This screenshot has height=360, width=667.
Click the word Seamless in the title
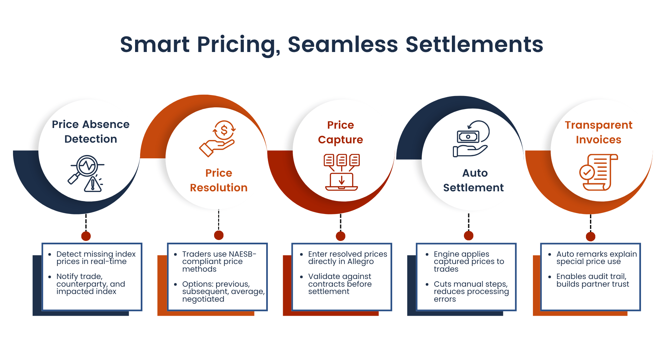pyautogui.click(x=343, y=44)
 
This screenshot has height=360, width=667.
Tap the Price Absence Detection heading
pyautogui.click(x=91, y=131)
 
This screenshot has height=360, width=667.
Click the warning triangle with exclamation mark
pyautogui.click(x=93, y=184)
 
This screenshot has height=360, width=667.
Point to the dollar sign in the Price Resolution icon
pyautogui.click(x=224, y=130)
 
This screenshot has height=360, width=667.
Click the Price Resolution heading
pyautogui.click(x=219, y=180)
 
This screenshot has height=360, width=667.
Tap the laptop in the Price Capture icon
pyautogui.click(x=342, y=182)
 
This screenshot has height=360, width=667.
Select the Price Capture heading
pyautogui.click(x=341, y=132)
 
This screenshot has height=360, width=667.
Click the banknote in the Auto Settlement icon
pyautogui.click(x=468, y=137)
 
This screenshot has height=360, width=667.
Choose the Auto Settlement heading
pyautogui.click(x=474, y=180)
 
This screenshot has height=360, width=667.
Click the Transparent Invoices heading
pyautogui.click(x=599, y=132)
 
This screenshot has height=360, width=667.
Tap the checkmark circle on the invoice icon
pyautogui.click(x=587, y=172)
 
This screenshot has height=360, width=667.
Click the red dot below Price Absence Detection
pyautogui.click(x=86, y=236)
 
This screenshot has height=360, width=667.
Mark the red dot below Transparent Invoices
pyautogui.click(x=591, y=236)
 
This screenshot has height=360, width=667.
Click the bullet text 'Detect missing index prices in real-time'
pyautogui.click(x=96, y=258)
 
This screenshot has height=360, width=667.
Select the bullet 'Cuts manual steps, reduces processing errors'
pyautogui.click(x=471, y=291)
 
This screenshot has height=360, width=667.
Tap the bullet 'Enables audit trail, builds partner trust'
pyautogui.click(x=593, y=280)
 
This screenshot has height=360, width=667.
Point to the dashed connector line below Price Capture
pyautogui.click(x=341, y=223)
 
